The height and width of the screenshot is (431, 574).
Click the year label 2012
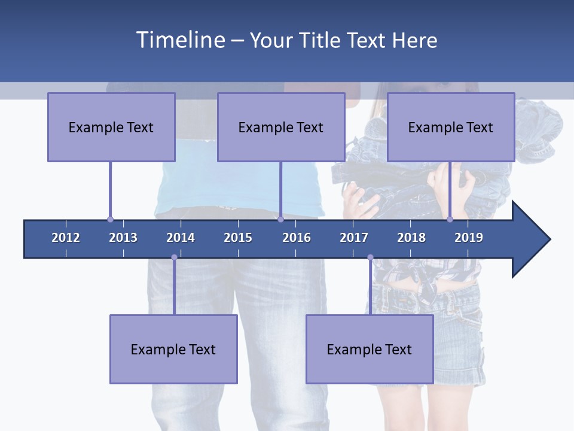point(66,238)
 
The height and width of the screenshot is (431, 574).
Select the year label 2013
point(123,238)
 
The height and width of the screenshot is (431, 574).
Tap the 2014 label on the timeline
point(181,238)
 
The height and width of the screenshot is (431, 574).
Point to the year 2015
point(238,238)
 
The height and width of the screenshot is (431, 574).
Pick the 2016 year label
point(297,238)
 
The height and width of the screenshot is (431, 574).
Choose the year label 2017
point(354,238)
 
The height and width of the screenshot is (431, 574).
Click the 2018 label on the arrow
point(411,238)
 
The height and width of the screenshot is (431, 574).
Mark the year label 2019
point(469,238)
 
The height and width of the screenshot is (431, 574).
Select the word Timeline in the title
point(179,40)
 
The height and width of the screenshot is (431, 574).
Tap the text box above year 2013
point(111,127)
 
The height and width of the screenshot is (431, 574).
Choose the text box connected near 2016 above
point(281,127)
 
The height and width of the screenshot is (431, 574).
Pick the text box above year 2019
point(451,127)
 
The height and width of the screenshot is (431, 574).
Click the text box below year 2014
point(173,349)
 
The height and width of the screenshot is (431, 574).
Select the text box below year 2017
point(370,349)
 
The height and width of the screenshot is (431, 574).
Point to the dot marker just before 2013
point(110,219)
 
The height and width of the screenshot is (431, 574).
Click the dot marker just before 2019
point(450,219)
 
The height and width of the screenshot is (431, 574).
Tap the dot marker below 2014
point(174,257)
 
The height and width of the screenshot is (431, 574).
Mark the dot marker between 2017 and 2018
point(370,257)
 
